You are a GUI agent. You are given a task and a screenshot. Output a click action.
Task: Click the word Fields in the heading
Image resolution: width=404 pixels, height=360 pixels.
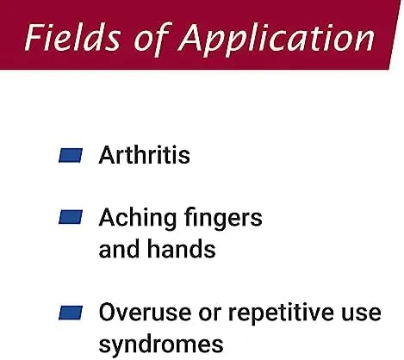click(72, 37)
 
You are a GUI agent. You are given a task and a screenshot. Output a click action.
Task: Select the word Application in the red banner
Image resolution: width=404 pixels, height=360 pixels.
click(277, 40)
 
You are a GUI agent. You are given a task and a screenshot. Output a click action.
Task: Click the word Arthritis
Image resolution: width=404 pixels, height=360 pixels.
click(144, 155)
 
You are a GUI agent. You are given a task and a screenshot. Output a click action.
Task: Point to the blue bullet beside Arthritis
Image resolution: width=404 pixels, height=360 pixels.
click(71, 155)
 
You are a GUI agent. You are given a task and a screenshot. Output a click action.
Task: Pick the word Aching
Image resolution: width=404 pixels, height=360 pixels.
click(137, 220)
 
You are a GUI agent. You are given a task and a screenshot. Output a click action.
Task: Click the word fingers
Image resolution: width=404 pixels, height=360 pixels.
click(223, 220)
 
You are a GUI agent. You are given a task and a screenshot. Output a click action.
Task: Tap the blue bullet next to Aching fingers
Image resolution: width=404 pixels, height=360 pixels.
click(71, 217)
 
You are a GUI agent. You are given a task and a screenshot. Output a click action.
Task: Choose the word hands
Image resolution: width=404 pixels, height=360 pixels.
click(181, 249)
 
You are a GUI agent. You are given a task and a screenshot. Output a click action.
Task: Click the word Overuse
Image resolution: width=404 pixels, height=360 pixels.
click(145, 312)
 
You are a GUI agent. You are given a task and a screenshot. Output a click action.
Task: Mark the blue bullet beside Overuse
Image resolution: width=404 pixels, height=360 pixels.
click(71, 313)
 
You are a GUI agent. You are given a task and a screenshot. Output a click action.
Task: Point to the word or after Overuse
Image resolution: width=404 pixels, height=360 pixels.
click(210, 314)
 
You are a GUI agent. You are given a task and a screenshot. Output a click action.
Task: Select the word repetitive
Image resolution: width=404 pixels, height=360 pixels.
click(281, 314)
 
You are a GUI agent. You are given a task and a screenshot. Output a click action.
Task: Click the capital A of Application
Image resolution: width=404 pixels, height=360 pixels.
click(192, 37)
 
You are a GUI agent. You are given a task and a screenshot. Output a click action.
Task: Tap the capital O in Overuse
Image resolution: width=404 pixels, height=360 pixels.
click(108, 312)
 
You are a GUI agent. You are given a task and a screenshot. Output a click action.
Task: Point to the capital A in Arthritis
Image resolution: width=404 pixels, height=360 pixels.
click(108, 155)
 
